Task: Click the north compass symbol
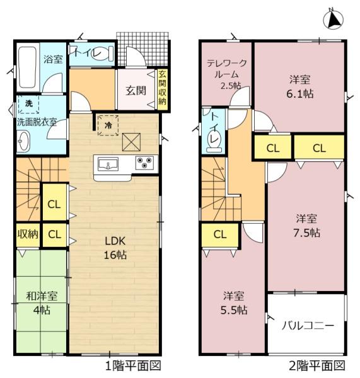point(334,20)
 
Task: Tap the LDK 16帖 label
point(115,248)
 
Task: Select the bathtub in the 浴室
point(28,67)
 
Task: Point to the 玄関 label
point(136,91)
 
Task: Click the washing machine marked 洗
point(29,104)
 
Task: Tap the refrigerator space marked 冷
point(108,125)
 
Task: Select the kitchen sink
point(108,164)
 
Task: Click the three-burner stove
point(145,163)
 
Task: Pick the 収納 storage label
point(28,234)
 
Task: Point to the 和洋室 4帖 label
point(42,303)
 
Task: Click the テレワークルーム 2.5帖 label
point(227,74)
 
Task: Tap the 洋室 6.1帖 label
point(300,86)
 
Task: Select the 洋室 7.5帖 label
point(306,226)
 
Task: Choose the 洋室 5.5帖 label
point(234,303)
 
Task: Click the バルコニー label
point(308,326)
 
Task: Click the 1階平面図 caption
point(134,365)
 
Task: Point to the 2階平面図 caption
point(317,365)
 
